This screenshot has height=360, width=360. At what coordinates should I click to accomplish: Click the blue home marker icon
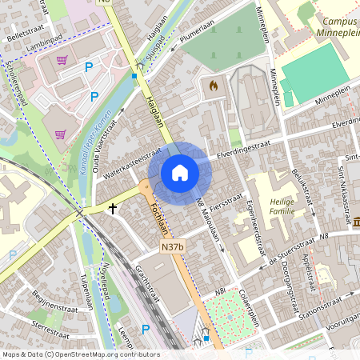pos(179,173)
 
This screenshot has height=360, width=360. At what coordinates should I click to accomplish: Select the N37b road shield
pos(172,248)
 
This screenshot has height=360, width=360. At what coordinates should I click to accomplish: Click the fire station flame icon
pos(213,84)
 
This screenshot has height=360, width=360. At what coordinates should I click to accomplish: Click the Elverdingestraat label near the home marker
pos(243,148)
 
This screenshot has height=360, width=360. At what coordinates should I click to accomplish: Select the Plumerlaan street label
pos(198,35)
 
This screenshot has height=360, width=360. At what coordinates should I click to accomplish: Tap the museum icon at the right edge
pos(355,221)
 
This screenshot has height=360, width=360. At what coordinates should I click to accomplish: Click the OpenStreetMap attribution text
pos(80,354)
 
